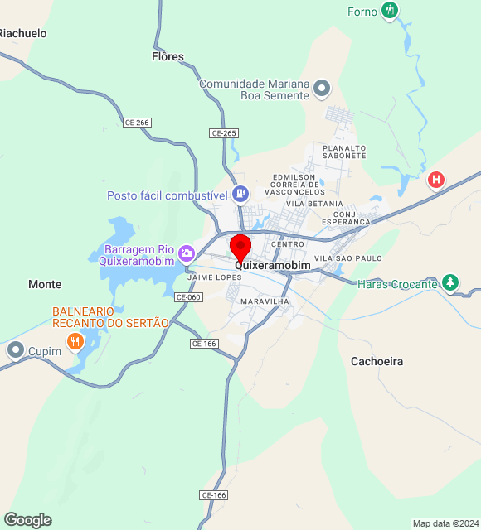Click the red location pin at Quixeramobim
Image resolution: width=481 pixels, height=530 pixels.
tap(240, 248)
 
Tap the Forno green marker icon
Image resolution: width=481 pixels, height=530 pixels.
tap(391, 11)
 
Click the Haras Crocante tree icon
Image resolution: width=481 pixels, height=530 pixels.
tap(449, 283)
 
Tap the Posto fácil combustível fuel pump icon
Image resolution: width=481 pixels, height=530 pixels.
tap(240, 195)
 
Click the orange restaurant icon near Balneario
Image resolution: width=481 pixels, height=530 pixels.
tap(75, 340)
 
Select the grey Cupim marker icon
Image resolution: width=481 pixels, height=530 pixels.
tap(16, 351)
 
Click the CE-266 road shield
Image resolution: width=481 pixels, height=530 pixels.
tap(137, 123)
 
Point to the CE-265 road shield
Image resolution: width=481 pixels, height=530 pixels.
tap(224, 133)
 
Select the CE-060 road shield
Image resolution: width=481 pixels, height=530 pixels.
tap(188, 296)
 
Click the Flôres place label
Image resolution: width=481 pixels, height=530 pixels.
tap(168, 57)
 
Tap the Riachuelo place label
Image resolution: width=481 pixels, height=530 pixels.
tap(22, 34)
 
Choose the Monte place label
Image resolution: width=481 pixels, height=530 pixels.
tap(45, 284)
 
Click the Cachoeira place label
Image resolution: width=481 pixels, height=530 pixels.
tap(377, 361)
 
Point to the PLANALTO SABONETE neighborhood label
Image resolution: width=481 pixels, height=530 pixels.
tap(338, 152)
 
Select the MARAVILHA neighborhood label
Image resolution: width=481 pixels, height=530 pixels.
tap(265, 301)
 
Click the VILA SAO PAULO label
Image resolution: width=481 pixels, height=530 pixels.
tap(348, 258)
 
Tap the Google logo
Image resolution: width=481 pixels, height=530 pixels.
tap(27, 519)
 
